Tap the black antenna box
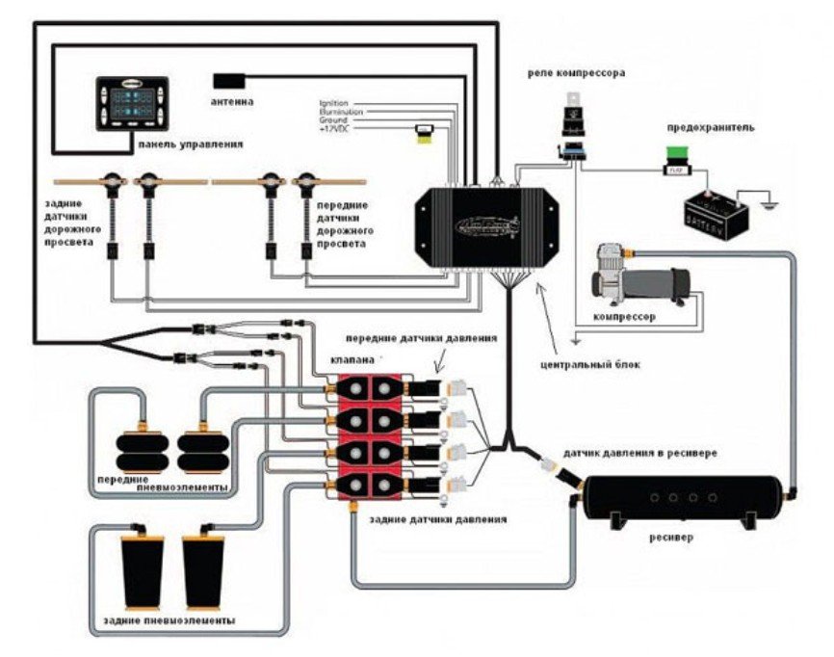tap(229, 79)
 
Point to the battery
tap(717, 209)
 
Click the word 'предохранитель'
tap(711, 126)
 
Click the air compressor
tap(641, 276)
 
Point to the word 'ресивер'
tap(670, 536)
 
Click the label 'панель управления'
tap(190, 144)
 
